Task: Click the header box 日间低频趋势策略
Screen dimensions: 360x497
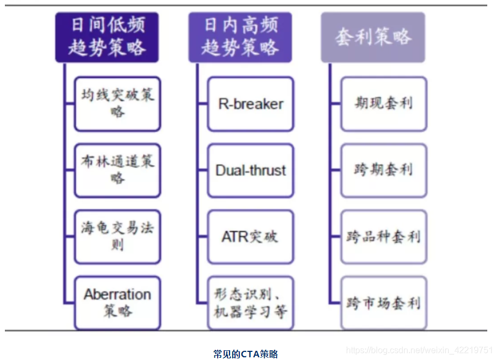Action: click(107, 37)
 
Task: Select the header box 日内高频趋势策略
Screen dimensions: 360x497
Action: click(240, 37)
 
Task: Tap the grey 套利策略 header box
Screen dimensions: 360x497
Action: click(372, 37)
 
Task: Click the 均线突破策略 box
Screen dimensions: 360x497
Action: click(117, 103)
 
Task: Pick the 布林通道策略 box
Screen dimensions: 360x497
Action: click(117, 170)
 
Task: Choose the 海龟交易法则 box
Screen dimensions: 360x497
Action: click(117, 237)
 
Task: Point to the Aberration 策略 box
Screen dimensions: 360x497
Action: click(117, 303)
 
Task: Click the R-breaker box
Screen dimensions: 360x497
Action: click(251, 103)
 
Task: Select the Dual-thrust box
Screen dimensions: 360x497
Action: click(251, 170)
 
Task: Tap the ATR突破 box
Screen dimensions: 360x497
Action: click(251, 237)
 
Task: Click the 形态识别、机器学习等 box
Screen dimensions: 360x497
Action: click(251, 303)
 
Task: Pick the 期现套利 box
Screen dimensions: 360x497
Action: click(384, 103)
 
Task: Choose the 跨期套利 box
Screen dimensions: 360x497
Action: click(384, 170)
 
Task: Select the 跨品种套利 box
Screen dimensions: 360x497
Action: click(384, 237)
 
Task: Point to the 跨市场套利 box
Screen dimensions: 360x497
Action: click(384, 303)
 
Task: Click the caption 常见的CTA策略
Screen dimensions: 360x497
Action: click(245, 354)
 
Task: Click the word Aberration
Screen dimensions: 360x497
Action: click(117, 295)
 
